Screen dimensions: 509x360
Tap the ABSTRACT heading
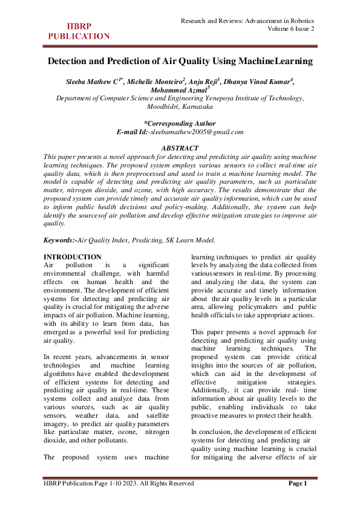(x=180, y=148)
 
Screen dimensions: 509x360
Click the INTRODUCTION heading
(x=73, y=257)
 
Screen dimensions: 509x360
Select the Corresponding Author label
(x=180, y=123)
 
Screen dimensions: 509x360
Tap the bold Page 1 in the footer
(x=298, y=484)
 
